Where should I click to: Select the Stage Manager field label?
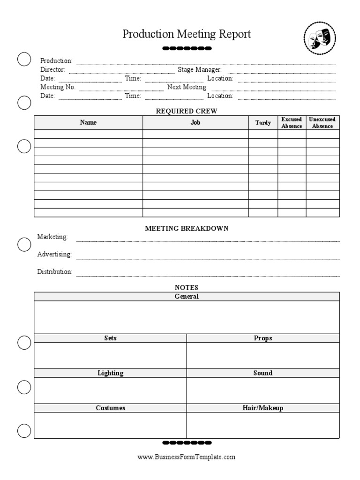pos(199,70)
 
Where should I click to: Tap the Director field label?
pos(52,70)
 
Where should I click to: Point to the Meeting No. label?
pos(58,87)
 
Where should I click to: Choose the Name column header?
pos(88,123)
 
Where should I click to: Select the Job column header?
pos(195,123)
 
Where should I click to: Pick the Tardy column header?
pos(263,123)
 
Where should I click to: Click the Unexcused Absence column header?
pos(322,123)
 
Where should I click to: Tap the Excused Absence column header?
pos(292,123)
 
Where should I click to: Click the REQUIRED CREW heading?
pos(186,111)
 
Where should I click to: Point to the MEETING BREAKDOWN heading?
pos(187,228)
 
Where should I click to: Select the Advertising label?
pos(54,255)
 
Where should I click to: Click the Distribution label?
pos(55,272)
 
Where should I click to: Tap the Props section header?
pos(263,338)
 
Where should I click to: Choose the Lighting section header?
pos(111,373)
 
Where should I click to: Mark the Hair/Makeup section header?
pos(263,408)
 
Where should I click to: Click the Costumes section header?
pos(111,408)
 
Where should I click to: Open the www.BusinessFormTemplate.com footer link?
pos(187,457)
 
